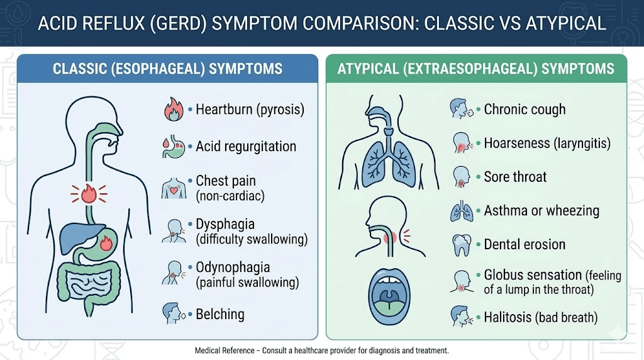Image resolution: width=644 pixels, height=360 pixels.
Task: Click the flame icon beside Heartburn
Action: pyautogui.click(x=172, y=110)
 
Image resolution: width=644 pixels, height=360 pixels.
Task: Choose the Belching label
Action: pyautogui.click(x=219, y=314)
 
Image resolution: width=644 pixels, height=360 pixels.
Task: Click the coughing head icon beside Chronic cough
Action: pyautogui.click(x=460, y=110)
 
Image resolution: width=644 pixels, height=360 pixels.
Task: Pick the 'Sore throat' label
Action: pyautogui.click(x=515, y=177)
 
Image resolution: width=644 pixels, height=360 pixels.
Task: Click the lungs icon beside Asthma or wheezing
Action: pyautogui.click(x=460, y=211)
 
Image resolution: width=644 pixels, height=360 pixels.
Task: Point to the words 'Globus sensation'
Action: pyautogui.click(x=533, y=275)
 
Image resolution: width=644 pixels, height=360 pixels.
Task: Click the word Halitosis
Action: pyautogui.click(x=508, y=318)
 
